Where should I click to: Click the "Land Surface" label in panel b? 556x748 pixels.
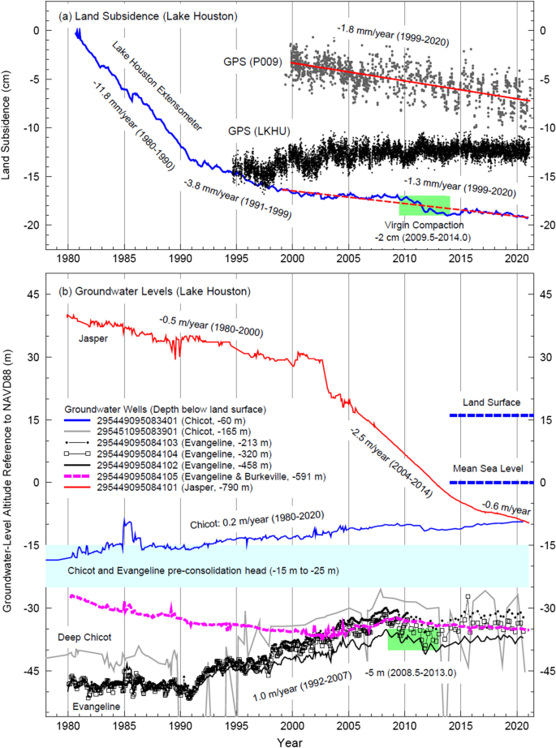(491, 402)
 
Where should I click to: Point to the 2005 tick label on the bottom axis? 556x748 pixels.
(348, 721)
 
